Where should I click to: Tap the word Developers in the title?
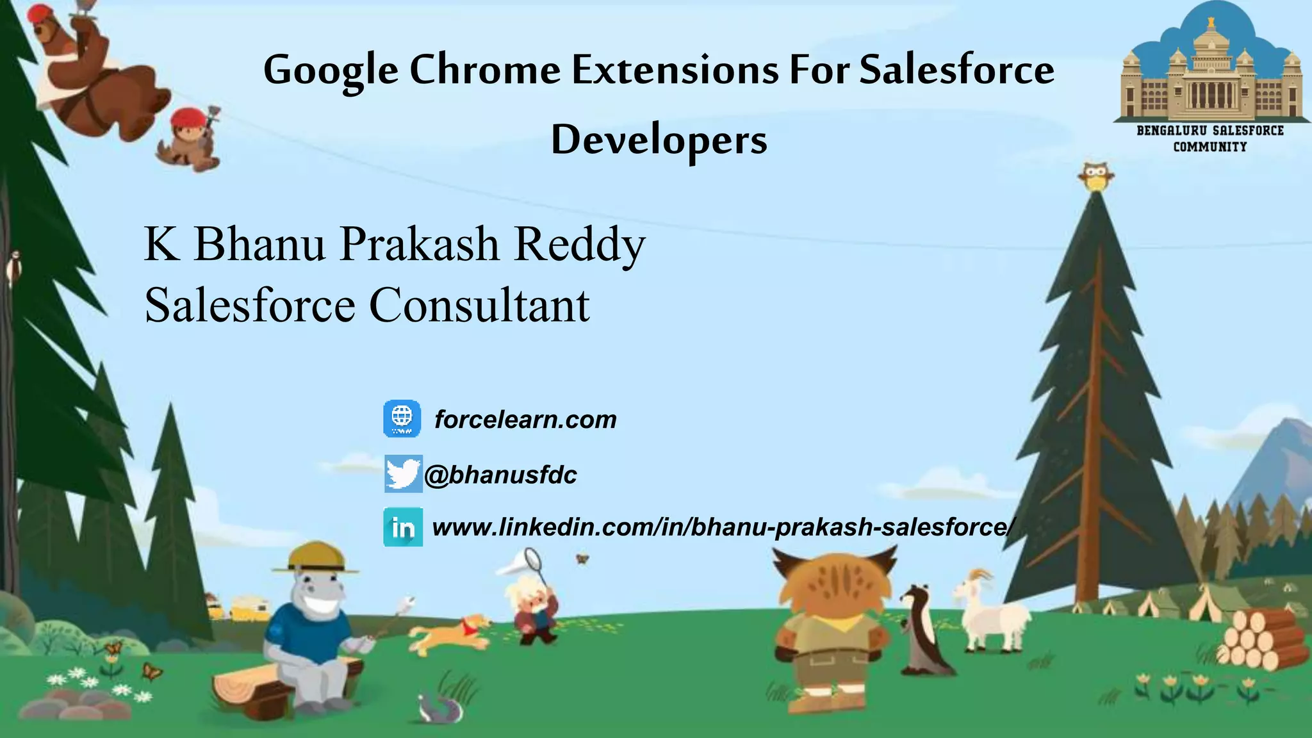[x=659, y=140]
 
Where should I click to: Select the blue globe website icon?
[x=402, y=419]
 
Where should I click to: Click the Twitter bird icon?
[x=403, y=474]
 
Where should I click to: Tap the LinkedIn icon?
[x=403, y=527]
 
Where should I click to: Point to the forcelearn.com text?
[x=525, y=420]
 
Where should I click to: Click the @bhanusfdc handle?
[x=500, y=475]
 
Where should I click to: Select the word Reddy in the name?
[x=579, y=244]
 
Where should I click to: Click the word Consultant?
[x=479, y=305]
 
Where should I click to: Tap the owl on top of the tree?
[x=1096, y=176]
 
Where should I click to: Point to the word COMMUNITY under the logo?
[x=1209, y=147]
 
